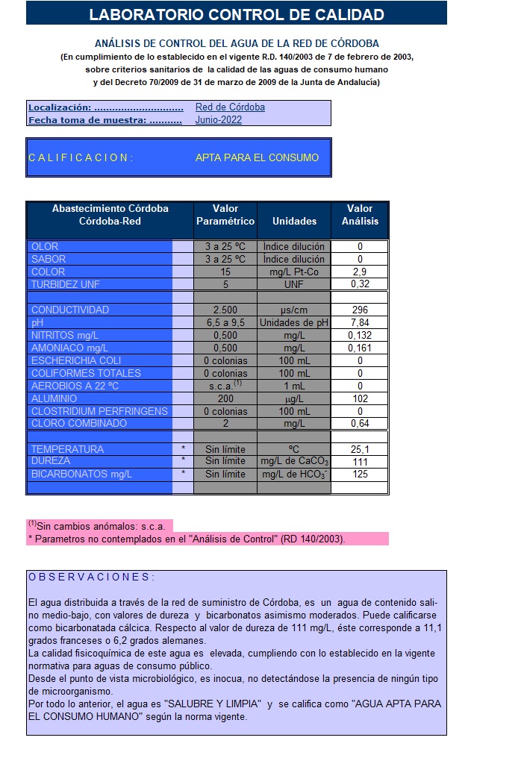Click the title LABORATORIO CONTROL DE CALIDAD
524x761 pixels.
pyautogui.click(x=236, y=14)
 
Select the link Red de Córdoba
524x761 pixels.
pyautogui.click(x=230, y=107)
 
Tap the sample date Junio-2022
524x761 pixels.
pyautogui.click(x=219, y=119)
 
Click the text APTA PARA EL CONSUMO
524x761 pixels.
pyautogui.click(x=257, y=157)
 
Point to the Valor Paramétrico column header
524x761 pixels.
pyautogui.click(x=225, y=215)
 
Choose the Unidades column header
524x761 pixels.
pyautogui.click(x=294, y=221)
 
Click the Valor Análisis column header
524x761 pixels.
pyautogui.click(x=360, y=215)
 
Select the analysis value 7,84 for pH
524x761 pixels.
pyautogui.click(x=360, y=322)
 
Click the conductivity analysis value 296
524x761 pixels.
pyautogui.click(x=360, y=310)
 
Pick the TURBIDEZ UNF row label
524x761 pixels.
pyautogui.click(x=66, y=284)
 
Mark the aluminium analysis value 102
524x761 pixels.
pyautogui.click(x=360, y=398)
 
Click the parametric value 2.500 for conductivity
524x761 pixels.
pyautogui.click(x=225, y=310)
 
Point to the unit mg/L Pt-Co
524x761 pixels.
pyautogui.click(x=294, y=272)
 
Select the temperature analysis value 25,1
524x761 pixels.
pyautogui.click(x=360, y=449)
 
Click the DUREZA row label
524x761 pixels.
pyautogui.click(x=50, y=461)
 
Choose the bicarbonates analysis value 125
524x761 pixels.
pyautogui.click(x=360, y=474)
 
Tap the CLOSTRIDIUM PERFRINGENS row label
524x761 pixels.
pyautogui.click(x=99, y=411)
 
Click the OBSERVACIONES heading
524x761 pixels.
pyautogui.click(x=91, y=577)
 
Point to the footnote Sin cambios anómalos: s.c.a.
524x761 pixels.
pyautogui.click(x=99, y=526)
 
